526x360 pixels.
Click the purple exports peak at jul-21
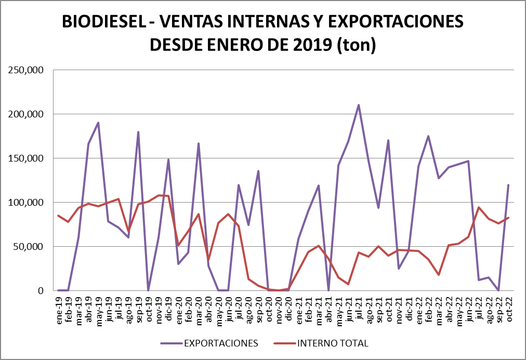(x=359, y=105)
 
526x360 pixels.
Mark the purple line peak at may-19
(x=98, y=123)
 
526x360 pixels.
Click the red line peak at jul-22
(x=479, y=207)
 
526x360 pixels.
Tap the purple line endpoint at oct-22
(x=508, y=185)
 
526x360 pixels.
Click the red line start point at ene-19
(x=58, y=216)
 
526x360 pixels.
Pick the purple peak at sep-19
(x=138, y=132)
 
